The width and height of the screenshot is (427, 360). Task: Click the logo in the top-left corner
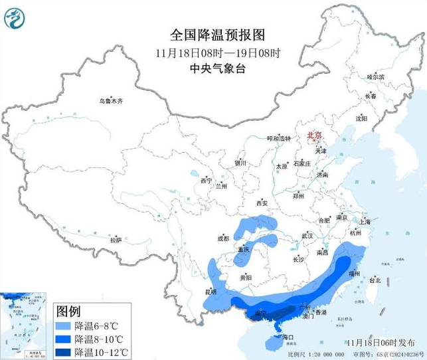pos(14,17)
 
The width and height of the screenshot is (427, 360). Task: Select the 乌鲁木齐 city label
pos(112,101)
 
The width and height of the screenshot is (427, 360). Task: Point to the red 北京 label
pos(314,135)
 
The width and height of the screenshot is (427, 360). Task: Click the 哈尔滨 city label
pos(376,77)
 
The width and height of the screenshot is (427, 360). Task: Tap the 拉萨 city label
pos(116,240)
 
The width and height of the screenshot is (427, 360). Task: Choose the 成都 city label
pos(222,238)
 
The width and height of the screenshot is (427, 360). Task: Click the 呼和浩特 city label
pos(279,138)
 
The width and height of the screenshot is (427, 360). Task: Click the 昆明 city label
pos(211,292)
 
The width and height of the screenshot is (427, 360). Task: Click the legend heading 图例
pos(68,311)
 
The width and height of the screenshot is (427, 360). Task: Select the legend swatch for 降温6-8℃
pos(64,325)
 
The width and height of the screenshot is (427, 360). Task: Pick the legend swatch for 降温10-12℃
pos(64,350)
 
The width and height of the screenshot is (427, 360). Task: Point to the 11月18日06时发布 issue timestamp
pos(377,341)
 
